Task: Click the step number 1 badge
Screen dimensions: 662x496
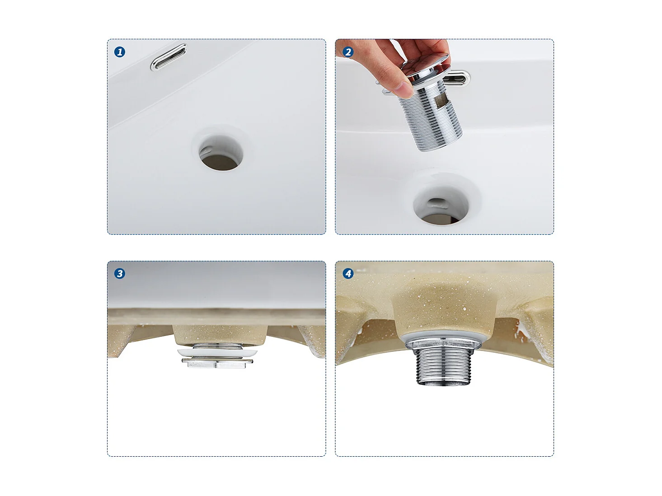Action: tap(120, 52)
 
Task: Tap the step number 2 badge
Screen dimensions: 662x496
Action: tap(348, 52)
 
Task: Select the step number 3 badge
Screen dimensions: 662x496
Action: tap(120, 273)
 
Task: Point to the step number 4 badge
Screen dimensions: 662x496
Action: tap(348, 273)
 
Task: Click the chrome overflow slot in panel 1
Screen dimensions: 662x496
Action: tap(169, 57)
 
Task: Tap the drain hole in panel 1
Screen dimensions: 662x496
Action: tap(221, 153)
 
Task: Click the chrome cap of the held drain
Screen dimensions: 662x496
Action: tap(426, 70)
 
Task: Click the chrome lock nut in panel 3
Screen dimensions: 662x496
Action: tap(217, 363)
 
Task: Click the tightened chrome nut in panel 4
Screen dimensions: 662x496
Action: tap(443, 344)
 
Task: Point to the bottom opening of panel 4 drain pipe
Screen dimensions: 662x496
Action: tap(443, 383)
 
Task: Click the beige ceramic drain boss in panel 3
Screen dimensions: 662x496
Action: tap(220, 334)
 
